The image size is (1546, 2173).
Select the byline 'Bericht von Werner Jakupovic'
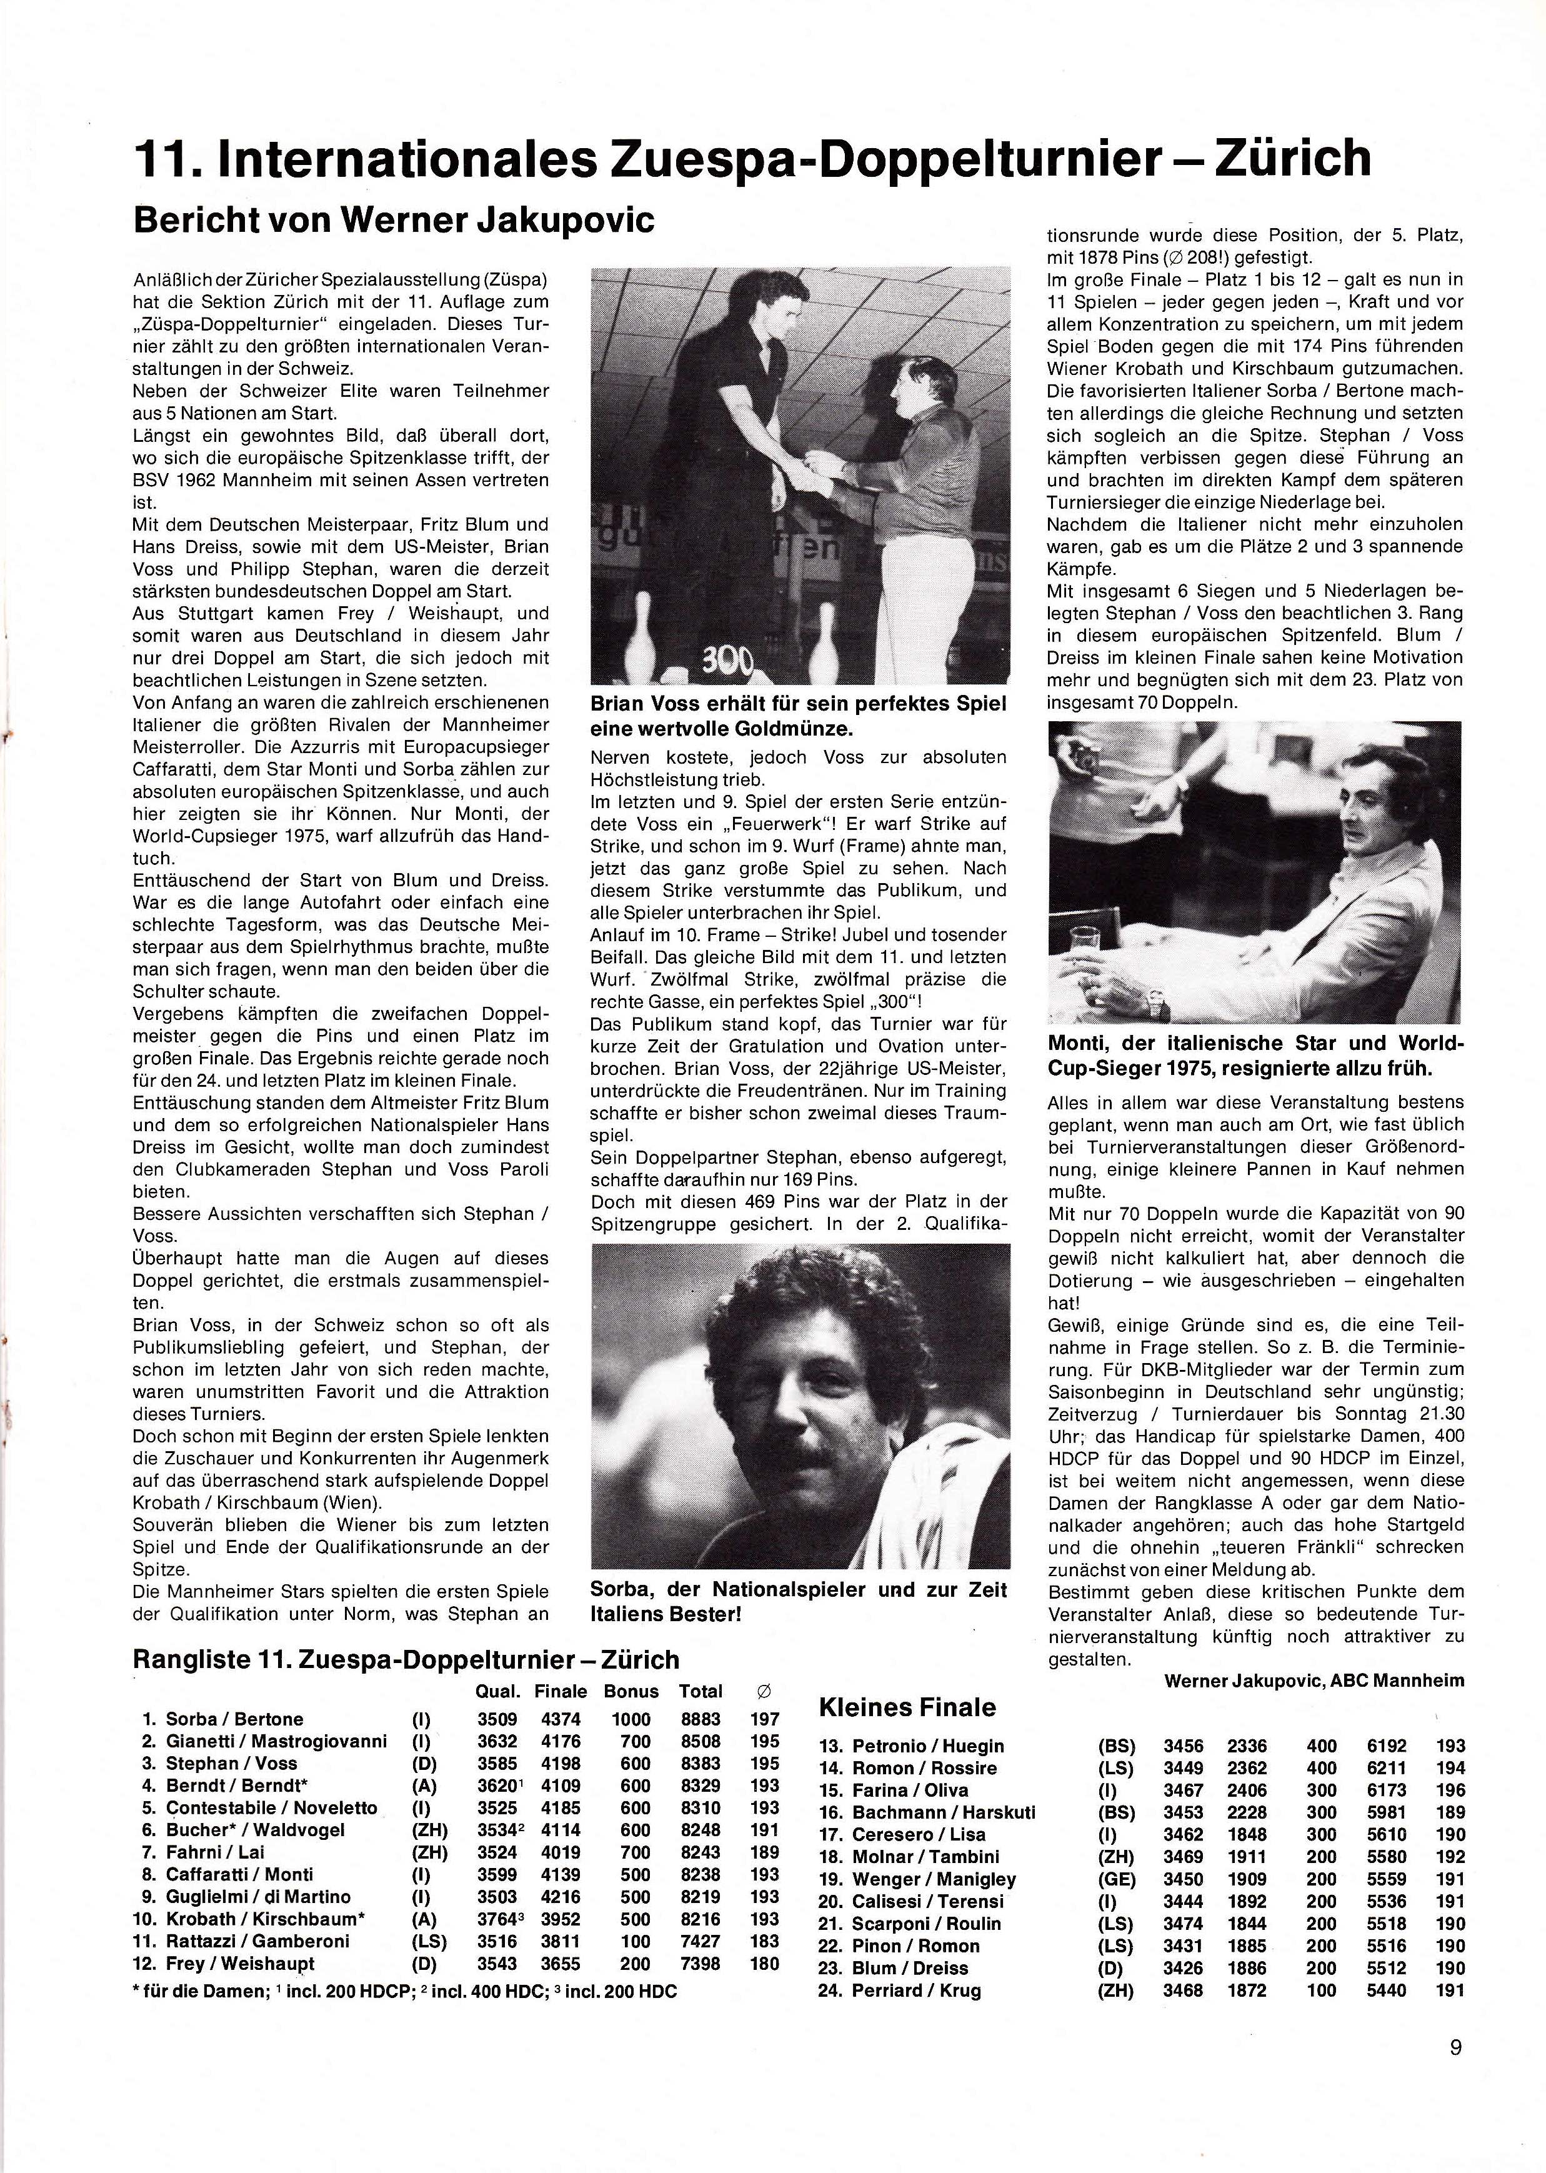pos(394,220)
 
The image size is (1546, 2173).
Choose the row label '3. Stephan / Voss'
pos(219,1764)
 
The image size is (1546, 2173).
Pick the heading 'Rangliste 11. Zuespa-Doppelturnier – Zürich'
pos(406,1660)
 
